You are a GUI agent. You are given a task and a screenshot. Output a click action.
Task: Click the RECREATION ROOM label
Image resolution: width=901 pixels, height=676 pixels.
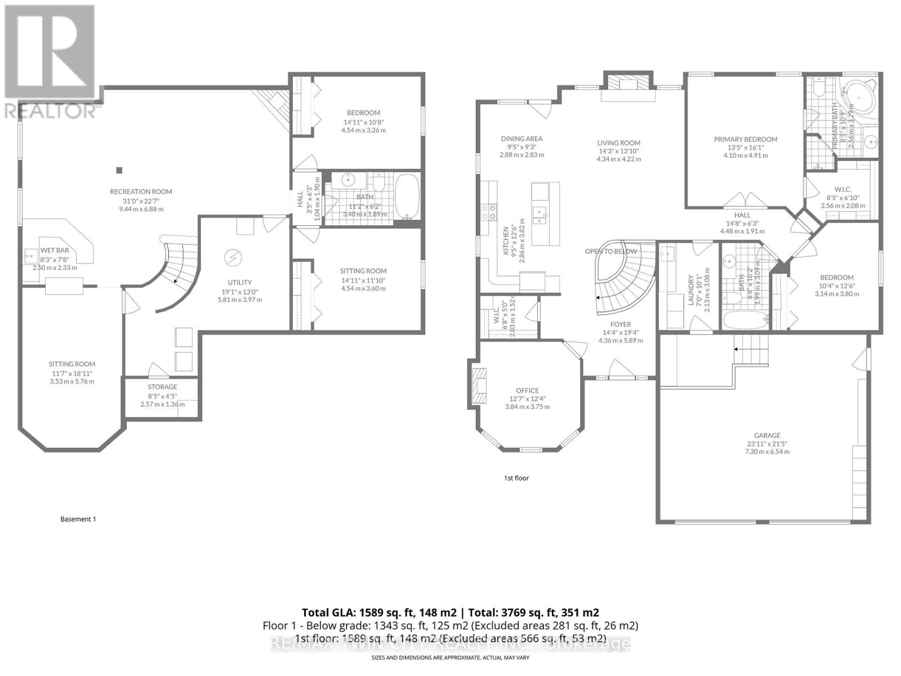point(141,192)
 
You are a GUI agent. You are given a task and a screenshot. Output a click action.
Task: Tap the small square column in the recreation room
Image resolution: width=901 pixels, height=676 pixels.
point(119,170)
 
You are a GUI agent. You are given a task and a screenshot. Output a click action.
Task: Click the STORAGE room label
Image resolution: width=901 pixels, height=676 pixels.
point(162,387)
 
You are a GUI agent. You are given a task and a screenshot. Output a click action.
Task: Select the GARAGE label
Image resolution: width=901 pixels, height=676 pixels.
point(767,435)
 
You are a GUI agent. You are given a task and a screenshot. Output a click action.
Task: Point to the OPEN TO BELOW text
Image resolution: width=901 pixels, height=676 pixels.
point(610,251)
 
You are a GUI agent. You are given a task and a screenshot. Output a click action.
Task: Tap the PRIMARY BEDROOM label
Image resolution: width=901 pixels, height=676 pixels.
point(745,139)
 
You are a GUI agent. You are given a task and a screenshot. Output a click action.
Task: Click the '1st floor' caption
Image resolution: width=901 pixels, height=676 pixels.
point(516,478)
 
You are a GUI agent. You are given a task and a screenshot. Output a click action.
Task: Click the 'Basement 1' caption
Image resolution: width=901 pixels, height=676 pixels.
point(78,519)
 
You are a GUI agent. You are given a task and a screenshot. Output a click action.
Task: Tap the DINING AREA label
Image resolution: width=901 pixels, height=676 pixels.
point(521,139)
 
